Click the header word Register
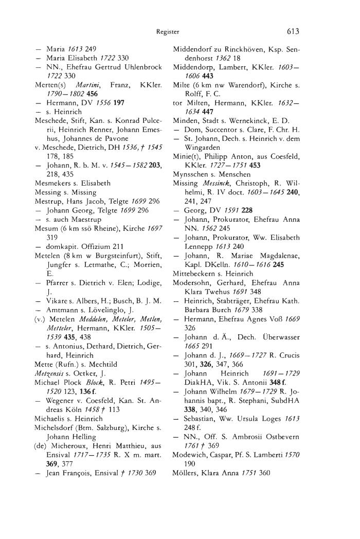tap(168, 31)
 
